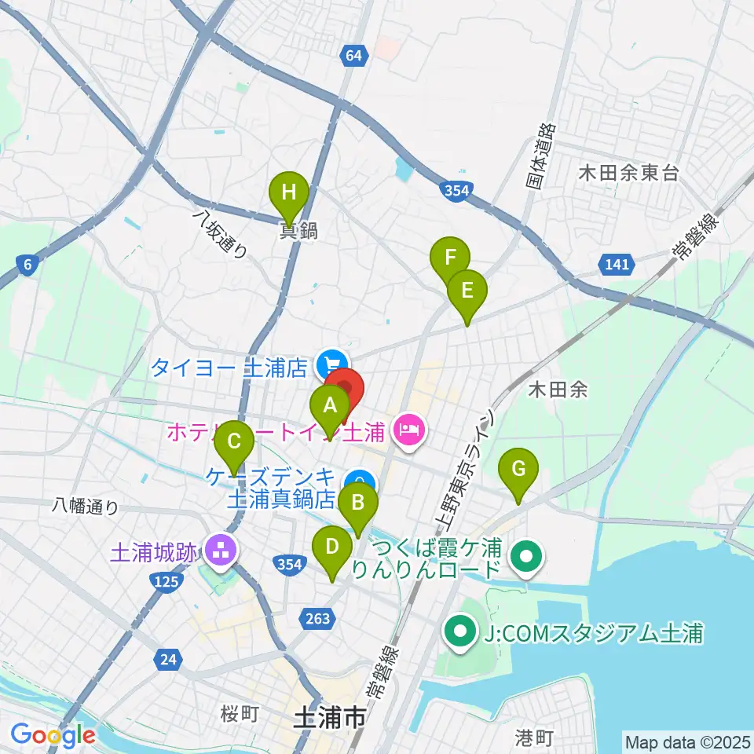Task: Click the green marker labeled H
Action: (289, 192)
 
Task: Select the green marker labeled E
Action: (467, 291)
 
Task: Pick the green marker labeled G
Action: (518, 469)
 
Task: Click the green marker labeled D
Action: (332, 547)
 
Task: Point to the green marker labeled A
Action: (330, 407)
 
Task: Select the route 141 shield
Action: (617, 264)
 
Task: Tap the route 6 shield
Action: (27, 265)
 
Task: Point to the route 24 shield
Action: (167, 660)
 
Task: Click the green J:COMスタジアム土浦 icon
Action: (459, 630)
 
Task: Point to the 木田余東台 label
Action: (628, 174)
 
